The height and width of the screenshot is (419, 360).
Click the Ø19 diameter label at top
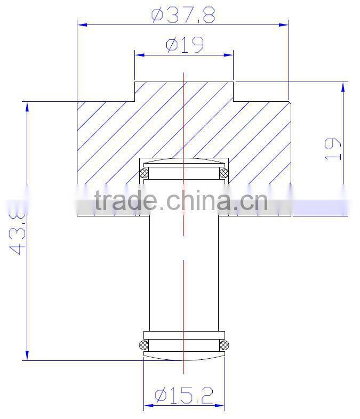pyautogui.click(x=185, y=45)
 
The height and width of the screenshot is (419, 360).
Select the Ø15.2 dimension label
pyautogui.click(x=184, y=395)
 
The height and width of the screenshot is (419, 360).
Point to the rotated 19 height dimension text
pyautogui.click(x=332, y=149)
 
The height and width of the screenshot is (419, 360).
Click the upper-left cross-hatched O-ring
pyautogui.click(x=143, y=172)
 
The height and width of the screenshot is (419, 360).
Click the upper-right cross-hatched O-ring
pyautogui.click(x=224, y=172)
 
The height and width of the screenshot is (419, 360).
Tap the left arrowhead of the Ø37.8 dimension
pyautogui.click(x=82, y=23)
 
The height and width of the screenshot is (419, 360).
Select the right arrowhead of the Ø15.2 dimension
pyautogui.click(x=221, y=405)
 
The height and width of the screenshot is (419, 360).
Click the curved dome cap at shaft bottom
pyautogui.click(x=184, y=356)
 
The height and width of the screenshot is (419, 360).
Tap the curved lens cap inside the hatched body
pyautogui.click(x=184, y=163)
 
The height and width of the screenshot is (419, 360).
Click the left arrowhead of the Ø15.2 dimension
pyautogui.click(x=148, y=405)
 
